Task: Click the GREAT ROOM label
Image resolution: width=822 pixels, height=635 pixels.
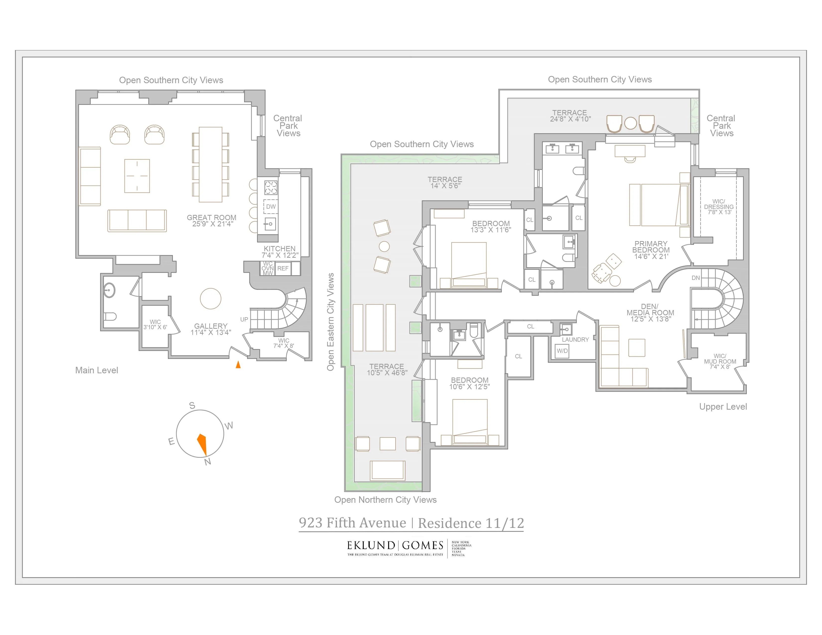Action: (x=211, y=220)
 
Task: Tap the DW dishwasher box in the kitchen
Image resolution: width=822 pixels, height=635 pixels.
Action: (x=271, y=206)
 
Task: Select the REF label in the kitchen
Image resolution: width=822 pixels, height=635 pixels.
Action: (x=283, y=268)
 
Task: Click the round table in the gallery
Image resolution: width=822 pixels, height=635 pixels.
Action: (x=210, y=299)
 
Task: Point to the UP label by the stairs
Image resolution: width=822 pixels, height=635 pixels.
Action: (x=244, y=319)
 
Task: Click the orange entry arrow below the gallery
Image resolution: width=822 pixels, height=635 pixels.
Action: (x=238, y=365)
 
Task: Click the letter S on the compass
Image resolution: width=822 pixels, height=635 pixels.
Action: (x=192, y=405)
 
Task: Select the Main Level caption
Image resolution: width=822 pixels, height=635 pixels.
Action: (x=97, y=370)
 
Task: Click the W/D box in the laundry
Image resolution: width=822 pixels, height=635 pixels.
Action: (x=562, y=351)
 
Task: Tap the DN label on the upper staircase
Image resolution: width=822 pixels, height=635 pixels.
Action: (x=695, y=278)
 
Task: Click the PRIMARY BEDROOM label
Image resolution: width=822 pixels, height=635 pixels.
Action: (x=651, y=250)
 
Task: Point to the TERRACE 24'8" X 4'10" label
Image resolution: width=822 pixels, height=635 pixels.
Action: (x=570, y=116)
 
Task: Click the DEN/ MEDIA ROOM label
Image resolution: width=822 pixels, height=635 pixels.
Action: (x=650, y=313)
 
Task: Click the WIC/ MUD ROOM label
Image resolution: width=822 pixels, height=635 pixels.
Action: (x=720, y=361)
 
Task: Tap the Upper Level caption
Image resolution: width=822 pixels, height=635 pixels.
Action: (x=723, y=407)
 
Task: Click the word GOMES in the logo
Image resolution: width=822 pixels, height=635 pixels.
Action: (x=423, y=545)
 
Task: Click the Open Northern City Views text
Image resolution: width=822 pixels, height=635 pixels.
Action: (x=385, y=500)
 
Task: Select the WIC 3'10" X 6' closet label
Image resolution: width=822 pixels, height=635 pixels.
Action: (x=155, y=324)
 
